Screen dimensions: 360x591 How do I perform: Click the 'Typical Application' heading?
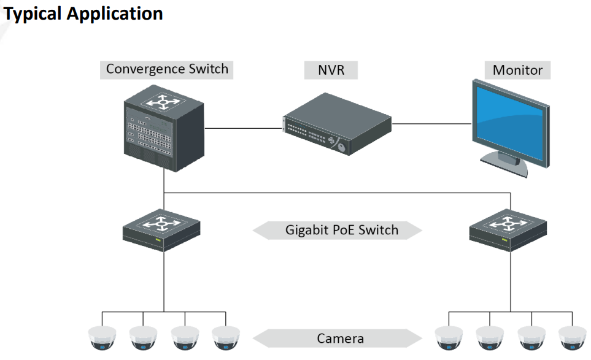coord(83,14)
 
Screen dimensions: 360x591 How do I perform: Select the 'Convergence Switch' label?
coord(167,69)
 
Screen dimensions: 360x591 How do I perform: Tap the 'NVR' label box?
coord(331,70)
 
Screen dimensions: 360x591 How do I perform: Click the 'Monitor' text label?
coord(517,70)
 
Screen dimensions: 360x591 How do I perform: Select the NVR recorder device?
coord(336,125)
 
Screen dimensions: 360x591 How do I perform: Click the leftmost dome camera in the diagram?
coord(101,338)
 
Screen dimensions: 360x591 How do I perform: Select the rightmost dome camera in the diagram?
coord(573,338)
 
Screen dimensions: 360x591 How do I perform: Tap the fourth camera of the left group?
coord(225,338)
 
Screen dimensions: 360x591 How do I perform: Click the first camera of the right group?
coord(448,338)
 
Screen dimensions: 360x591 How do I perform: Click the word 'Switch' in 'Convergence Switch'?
coord(208,69)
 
